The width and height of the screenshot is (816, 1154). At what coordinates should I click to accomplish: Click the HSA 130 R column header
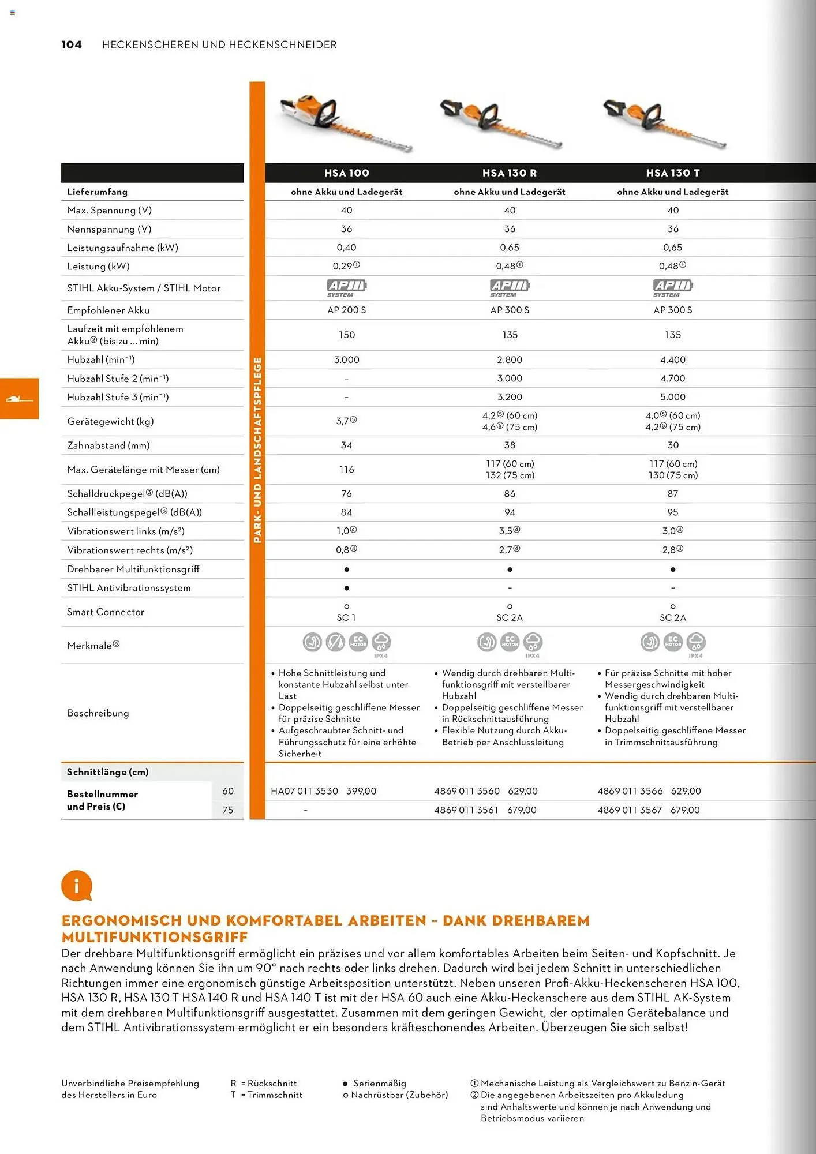point(510,173)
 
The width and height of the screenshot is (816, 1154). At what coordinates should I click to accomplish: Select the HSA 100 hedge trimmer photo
point(346,123)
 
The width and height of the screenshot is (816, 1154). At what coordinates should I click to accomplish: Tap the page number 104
point(72,45)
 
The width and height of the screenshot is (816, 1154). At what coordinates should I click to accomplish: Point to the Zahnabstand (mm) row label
point(108,445)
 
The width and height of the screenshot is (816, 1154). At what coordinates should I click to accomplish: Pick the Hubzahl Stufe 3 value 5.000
point(673,397)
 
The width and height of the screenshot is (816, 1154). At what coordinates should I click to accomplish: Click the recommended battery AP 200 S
point(346,310)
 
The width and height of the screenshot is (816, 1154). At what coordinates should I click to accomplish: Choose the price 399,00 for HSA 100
point(361,791)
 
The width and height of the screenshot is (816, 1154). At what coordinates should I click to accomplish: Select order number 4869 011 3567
point(630,810)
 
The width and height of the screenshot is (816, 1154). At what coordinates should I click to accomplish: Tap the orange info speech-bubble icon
point(77,886)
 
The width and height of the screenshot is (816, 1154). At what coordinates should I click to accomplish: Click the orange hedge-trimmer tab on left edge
point(19,399)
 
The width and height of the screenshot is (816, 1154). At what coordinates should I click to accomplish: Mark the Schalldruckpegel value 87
point(673,494)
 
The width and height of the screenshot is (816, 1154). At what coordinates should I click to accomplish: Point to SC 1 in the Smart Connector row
point(346,617)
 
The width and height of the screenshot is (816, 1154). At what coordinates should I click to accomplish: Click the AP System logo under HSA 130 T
point(673,287)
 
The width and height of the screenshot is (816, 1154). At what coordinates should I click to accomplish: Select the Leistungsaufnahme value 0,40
point(346,248)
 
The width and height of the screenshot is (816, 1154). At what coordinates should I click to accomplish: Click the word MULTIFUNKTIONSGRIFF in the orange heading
point(155,937)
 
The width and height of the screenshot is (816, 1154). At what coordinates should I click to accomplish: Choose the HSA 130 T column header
point(673,173)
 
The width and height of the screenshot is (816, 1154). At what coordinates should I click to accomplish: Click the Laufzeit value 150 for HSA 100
point(347,335)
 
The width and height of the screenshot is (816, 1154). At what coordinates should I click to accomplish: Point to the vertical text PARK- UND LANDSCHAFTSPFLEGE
point(257,450)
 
